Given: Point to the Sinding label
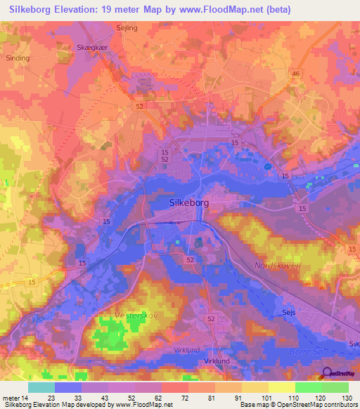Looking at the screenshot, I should (x=16, y=59).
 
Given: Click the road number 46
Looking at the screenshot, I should (x=295, y=74).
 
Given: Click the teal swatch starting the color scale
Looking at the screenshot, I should (x=41, y=387).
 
